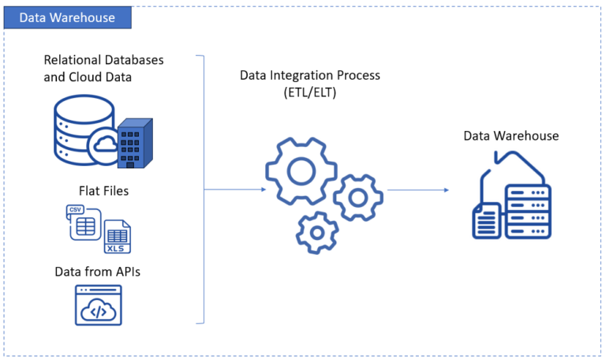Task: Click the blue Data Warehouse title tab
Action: point(67,17)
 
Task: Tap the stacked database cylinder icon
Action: point(79,129)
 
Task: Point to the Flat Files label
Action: point(103,190)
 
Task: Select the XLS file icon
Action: point(118,235)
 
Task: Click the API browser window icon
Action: point(98,306)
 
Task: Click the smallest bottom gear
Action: point(317,232)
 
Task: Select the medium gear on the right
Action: point(357,196)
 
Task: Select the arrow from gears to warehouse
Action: point(418,189)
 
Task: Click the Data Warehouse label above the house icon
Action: point(511,136)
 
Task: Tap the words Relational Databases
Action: point(109,60)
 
